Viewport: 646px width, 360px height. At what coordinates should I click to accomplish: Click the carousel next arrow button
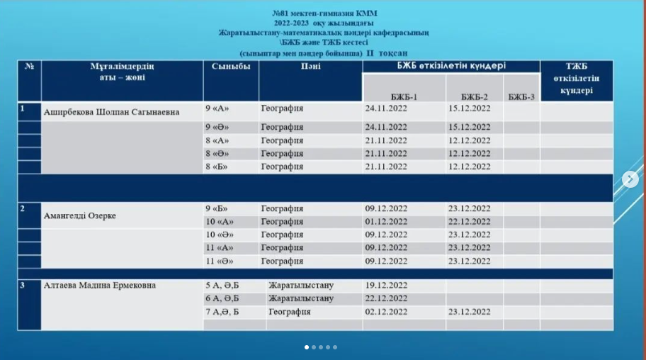630,179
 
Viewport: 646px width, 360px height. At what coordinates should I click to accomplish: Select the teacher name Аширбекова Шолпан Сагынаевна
112,112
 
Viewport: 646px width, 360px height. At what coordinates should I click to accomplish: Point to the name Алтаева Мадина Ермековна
100,286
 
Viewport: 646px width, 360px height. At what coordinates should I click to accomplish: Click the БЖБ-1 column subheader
404,96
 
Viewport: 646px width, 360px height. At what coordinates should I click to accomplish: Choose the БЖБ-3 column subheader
521,96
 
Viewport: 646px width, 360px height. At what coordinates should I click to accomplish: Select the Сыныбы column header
231,67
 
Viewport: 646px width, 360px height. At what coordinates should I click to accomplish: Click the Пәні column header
310,67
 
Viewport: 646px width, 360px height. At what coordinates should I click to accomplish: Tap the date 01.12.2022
386,222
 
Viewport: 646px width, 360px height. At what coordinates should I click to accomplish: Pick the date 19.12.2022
386,286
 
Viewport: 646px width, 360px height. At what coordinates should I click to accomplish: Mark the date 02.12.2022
386,312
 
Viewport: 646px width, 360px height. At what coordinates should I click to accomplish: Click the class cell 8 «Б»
217,167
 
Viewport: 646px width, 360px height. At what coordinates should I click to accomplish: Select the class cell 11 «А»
220,248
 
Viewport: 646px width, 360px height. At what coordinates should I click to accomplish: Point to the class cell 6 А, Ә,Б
222,298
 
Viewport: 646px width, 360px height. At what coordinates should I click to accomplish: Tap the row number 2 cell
23,209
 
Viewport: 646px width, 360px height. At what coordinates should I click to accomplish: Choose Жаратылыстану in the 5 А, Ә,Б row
301,286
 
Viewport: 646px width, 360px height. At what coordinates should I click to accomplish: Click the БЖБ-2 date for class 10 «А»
469,222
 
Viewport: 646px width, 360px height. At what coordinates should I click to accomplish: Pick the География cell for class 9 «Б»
282,209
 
